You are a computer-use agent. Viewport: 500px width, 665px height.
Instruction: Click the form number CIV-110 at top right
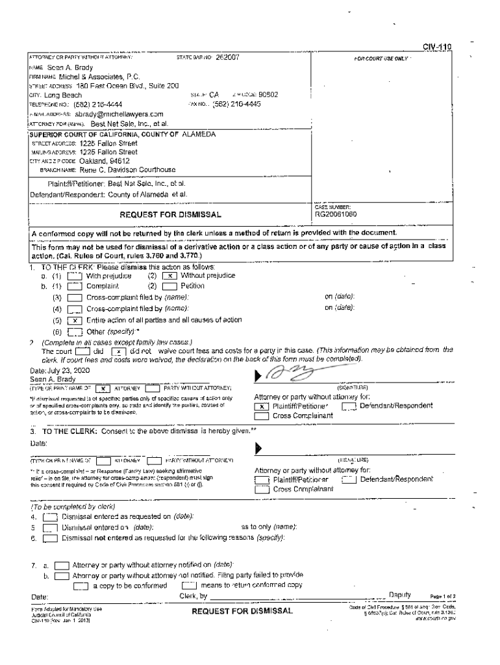436,47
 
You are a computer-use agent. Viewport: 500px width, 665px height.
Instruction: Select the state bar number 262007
228,58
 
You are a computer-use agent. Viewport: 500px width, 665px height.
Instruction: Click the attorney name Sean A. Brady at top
70,68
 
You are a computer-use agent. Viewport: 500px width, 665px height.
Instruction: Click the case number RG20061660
336,213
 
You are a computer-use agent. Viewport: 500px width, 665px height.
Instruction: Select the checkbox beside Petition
170,286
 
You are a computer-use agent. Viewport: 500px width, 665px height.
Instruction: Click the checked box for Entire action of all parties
75,320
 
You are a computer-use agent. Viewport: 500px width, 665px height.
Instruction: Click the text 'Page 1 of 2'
442,596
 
